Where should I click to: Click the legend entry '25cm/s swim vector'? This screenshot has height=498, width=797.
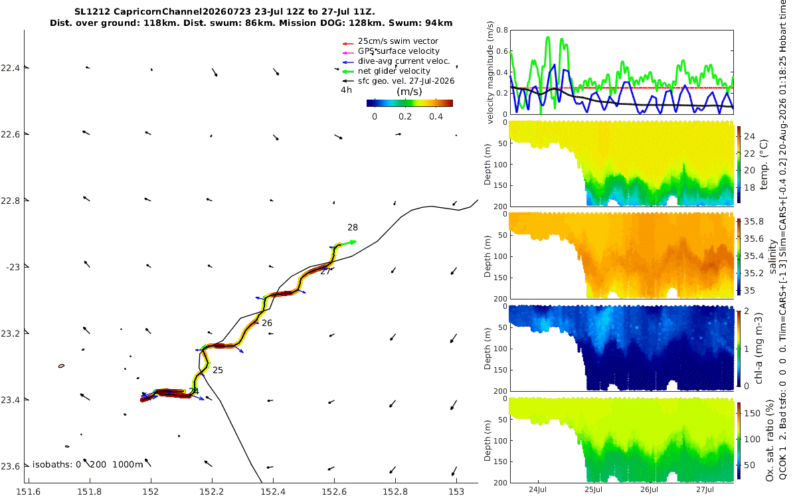coord(398,41)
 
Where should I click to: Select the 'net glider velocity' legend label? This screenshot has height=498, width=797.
coord(395,71)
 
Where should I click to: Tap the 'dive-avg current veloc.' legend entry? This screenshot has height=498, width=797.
coord(404,61)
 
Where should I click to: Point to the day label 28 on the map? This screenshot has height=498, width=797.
coord(353,228)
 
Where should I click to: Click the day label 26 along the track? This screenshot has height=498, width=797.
coord(267,323)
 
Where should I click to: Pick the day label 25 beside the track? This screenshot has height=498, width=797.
coord(218,371)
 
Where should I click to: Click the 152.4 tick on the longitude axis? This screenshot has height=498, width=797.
coord(273,492)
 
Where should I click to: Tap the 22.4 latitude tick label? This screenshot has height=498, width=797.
coord(10,68)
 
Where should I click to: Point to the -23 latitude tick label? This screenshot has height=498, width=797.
coord(13,267)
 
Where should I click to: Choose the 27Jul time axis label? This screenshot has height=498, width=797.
coord(705,489)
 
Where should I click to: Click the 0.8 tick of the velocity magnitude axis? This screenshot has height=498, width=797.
coord(502,31)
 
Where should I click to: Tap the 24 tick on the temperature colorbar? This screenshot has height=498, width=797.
coord(750,136)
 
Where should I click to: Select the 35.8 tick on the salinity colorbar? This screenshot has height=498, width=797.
coord(754,222)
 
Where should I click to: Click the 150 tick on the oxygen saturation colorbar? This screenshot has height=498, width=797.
coord(752,413)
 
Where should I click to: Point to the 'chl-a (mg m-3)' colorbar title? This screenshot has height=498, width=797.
coord(758,349)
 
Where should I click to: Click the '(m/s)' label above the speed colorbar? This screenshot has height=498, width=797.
coord(409,92)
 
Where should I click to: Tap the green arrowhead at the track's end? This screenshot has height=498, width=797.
coord(353,242)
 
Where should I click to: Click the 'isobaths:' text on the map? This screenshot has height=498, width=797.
coord(52,465)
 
